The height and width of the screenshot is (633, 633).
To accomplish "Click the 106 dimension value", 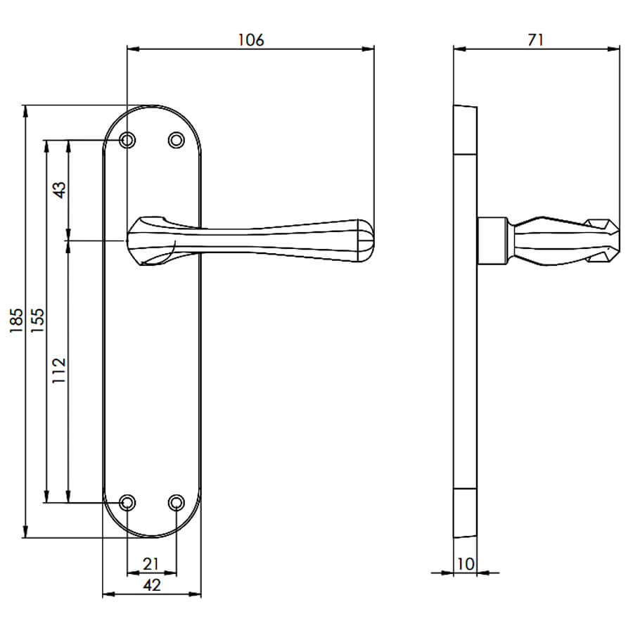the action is [x=250, y=40].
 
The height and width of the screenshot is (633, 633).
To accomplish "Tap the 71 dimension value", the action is [x=536, y=40].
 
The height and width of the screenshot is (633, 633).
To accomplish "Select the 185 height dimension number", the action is [x=16, y=321].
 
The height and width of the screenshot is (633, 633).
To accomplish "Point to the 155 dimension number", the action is [x=37, y=321].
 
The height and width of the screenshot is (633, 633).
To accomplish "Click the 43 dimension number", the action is [x=59, y=190].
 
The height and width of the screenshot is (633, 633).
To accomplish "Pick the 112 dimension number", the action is [x=59, y=371].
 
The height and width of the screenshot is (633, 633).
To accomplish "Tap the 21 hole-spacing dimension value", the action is [x=151, y=564].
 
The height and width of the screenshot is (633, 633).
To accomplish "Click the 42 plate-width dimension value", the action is [x=152, y=585].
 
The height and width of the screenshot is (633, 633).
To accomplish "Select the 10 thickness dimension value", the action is [x=466, y=564].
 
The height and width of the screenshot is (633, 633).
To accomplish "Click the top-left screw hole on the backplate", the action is [x=127, y=141].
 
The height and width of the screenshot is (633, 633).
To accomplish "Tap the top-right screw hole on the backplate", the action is [x=176, y=141].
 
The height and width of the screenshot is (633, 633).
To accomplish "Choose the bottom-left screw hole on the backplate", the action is [x=127, y=503].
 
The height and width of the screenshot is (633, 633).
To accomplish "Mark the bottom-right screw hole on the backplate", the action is [x=176, y=503].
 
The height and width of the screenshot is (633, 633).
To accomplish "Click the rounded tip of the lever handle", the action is [x=366, y=241].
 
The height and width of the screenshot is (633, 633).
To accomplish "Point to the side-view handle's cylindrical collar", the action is [x=492, y=241].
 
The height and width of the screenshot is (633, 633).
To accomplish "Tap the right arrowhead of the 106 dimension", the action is [x=368, y=49].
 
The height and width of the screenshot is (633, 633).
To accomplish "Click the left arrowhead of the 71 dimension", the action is [x=460, y=49].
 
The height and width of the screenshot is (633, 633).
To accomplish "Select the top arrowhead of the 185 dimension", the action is [x=25, y=111].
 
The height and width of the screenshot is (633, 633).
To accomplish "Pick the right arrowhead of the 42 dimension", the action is [x=195, y=594].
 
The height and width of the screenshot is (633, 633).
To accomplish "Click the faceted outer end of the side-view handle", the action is [x=603, y=241].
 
